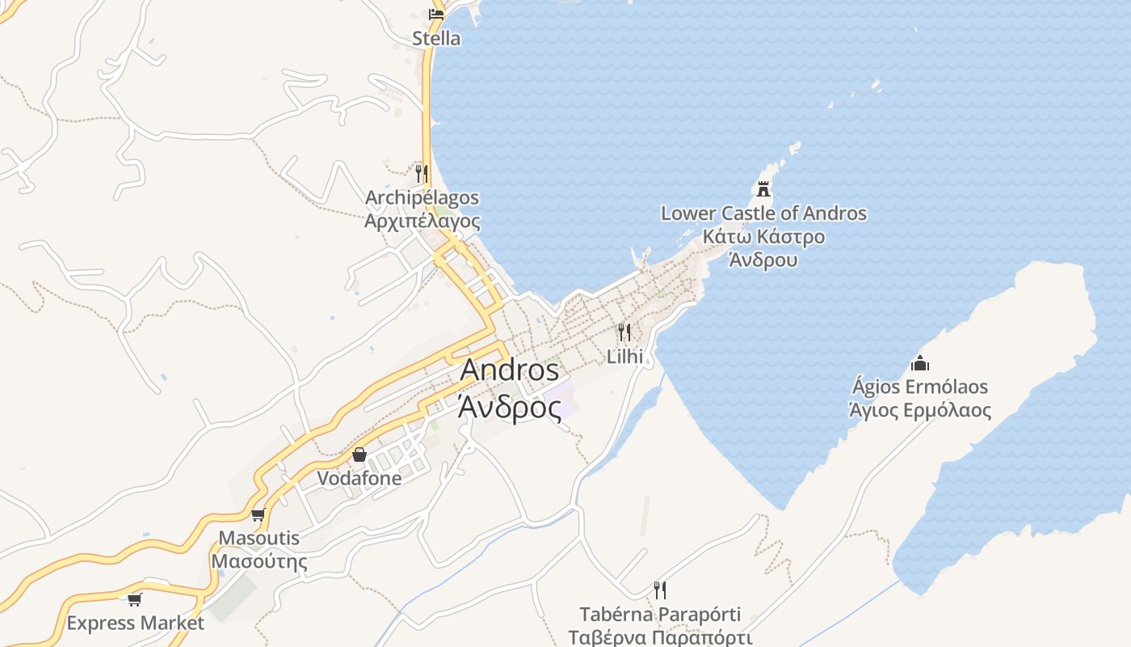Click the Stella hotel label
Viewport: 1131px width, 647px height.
436,38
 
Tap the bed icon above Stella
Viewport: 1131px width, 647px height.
436,14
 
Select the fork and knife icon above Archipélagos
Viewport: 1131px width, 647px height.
421,173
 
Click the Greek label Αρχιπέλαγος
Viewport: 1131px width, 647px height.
423,222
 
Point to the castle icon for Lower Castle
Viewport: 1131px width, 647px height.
763,189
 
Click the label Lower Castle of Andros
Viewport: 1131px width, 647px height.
763,214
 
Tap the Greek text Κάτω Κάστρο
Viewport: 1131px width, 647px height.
763,237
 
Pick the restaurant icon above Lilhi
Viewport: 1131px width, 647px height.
624,332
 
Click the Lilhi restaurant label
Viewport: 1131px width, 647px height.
624,357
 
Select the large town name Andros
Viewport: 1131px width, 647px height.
509,370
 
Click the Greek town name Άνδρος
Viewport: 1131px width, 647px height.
509,408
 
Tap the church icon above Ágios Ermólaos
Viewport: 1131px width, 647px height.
919,363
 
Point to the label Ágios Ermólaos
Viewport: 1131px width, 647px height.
919,387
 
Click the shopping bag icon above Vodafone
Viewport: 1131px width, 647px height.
359,455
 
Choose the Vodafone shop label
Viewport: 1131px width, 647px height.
359,478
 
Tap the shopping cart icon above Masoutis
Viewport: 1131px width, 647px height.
259,514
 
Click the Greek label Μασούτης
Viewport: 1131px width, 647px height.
259,561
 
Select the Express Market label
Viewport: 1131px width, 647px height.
135,624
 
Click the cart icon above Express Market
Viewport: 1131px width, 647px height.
135,599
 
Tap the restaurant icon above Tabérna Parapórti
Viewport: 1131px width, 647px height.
660,590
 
